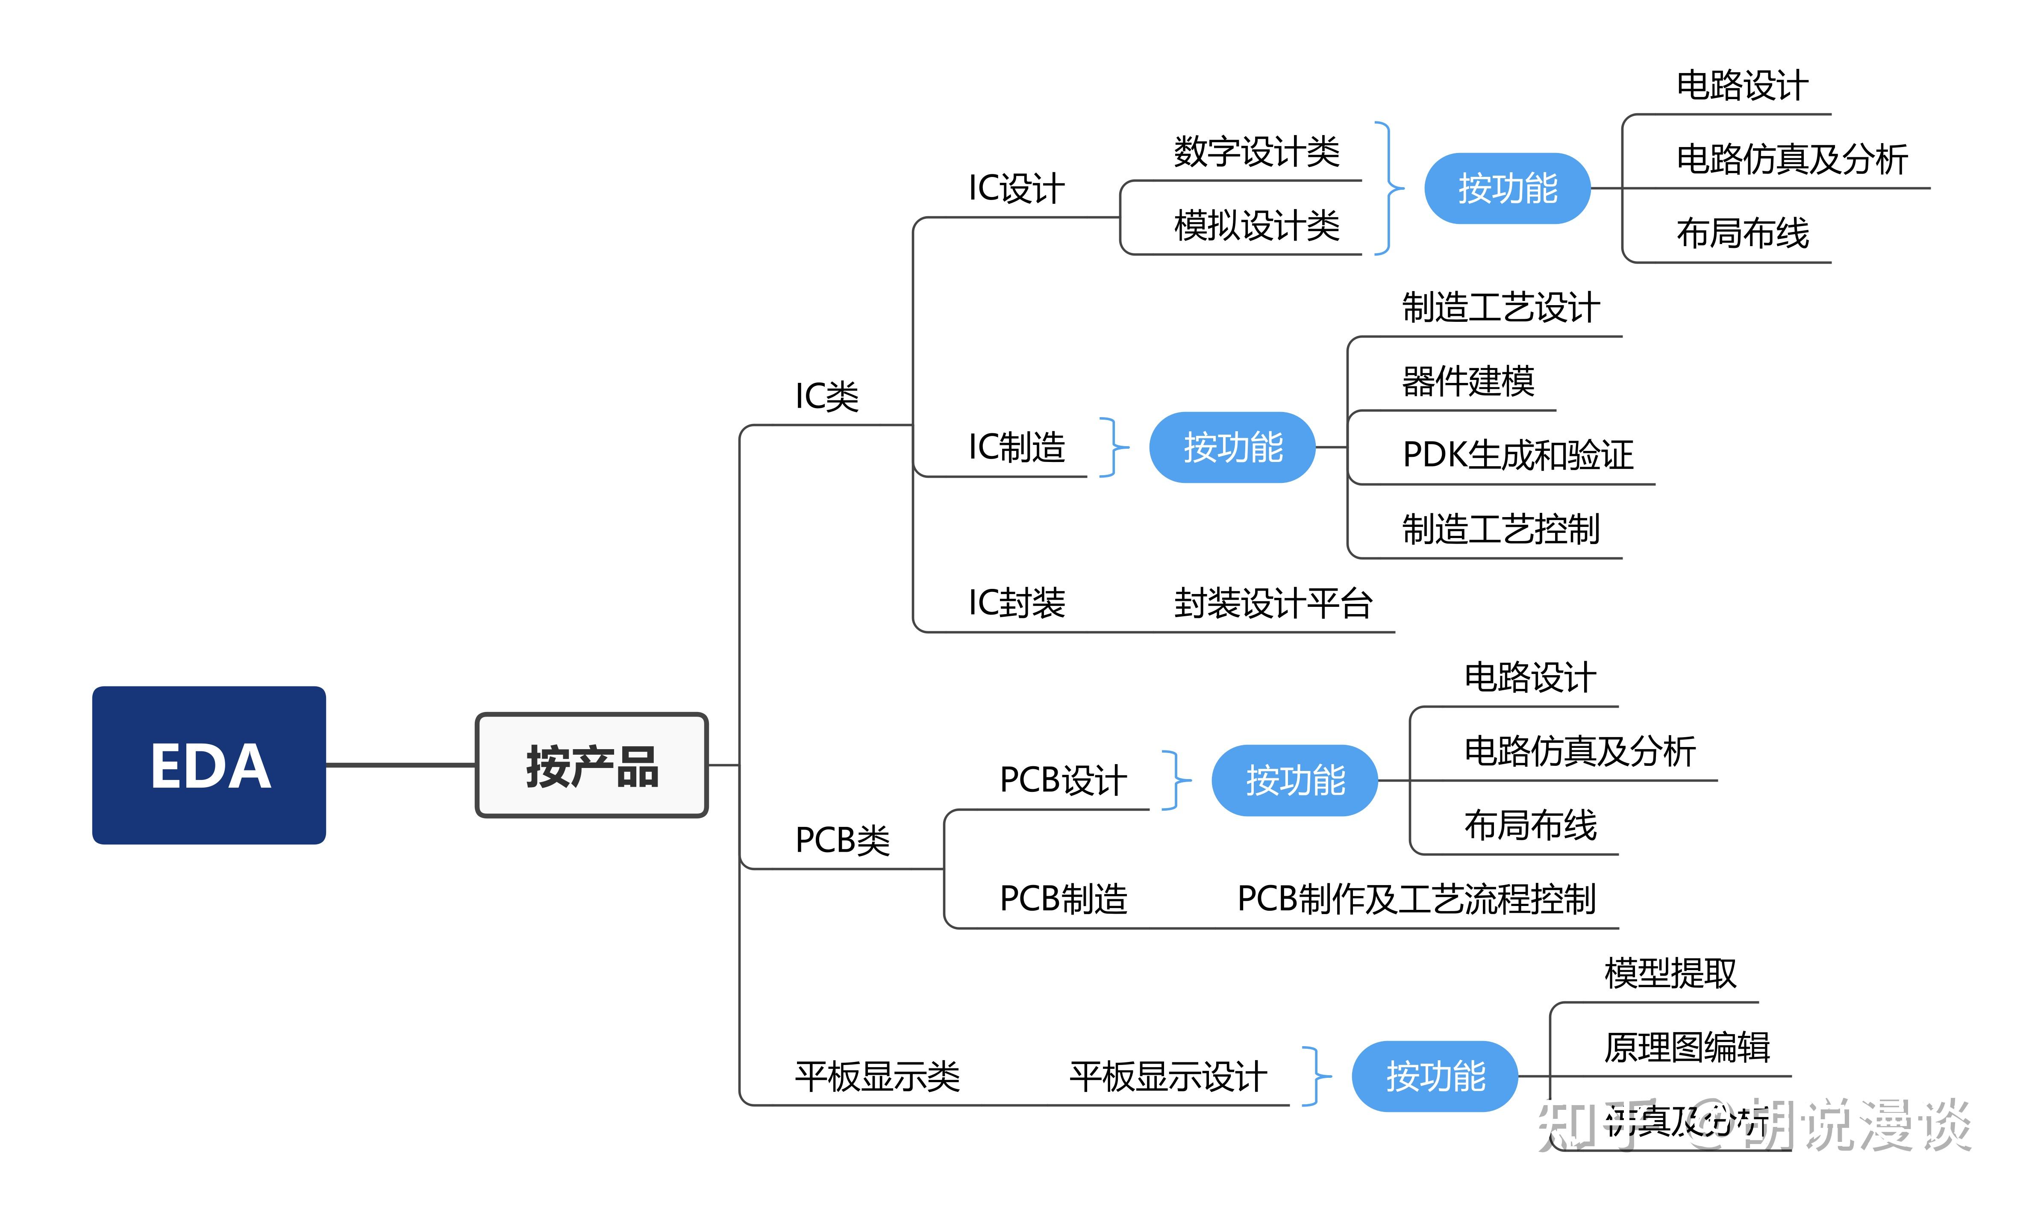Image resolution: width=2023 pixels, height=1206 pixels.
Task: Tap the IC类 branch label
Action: click(826, 397)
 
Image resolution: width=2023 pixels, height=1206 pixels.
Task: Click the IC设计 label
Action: click(1016, 188)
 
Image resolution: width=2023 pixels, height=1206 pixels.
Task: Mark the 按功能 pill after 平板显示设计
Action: click(1435, 1077)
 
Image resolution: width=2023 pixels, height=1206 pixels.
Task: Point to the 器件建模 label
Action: click(1467, 381)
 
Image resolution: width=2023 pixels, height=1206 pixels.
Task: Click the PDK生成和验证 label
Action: click(1517, 455)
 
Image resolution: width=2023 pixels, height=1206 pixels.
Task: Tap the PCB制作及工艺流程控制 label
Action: click(1416, 899)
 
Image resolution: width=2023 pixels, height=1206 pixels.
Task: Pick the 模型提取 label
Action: click(1670, 973)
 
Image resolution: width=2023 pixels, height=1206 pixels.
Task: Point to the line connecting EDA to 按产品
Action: click(400, 765)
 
